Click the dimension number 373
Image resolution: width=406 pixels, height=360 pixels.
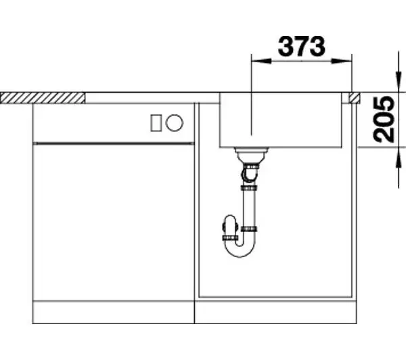[x=301, y=47]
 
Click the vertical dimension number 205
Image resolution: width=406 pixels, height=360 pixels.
[x=384, y=119]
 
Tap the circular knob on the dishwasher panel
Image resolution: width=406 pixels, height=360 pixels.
[x=175, y=122]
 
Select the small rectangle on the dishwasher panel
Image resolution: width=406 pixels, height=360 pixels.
[x=156, y=123]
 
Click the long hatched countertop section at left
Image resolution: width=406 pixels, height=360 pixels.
[x=43, y=98]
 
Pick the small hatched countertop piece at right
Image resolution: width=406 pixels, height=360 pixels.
[x=354, y=98]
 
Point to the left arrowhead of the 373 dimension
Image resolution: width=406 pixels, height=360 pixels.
[x=261, y=62]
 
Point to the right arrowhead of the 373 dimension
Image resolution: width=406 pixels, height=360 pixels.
[x=341, y=62]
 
